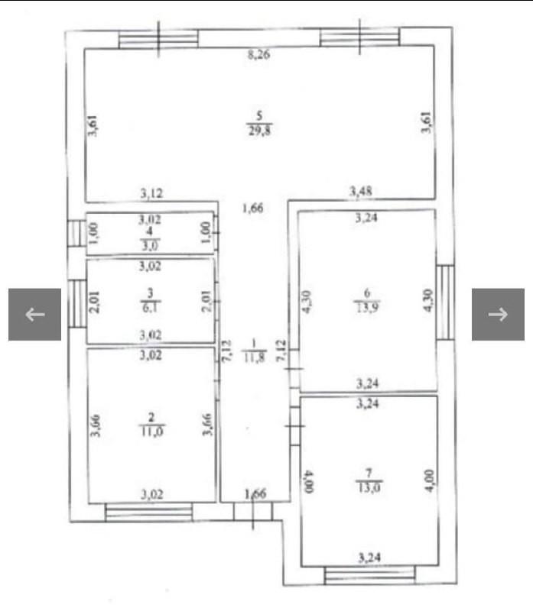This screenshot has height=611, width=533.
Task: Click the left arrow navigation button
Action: tap(34, 314)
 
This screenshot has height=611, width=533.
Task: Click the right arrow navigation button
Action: tap(498, 314)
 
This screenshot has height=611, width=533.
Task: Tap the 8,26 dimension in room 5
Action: tap(258, 54)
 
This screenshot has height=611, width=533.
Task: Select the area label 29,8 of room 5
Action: tap(260, 130)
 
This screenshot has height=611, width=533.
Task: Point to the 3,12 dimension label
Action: tap(151, 193)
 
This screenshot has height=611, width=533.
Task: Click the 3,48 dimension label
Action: tap(361, 191)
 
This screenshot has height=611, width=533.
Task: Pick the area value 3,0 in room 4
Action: tap(150, 246)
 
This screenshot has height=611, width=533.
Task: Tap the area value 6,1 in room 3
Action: tap(150, 308)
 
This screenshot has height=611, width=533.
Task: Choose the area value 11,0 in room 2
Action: tap(151, 432)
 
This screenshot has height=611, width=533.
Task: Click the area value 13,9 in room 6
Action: tap(366, 308)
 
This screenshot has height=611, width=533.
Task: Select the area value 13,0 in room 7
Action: tap(369, 487)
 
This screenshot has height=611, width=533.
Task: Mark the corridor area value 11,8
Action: tap(254, 357)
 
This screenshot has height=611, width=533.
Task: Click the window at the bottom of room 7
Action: tap(369, 575)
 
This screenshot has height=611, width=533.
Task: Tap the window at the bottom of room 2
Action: tap(148, 512)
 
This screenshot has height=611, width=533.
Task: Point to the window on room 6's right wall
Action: tap(445, 302)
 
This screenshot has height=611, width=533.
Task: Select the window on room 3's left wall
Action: tap(77, 303)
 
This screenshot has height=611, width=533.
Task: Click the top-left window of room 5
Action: tap(158, 39)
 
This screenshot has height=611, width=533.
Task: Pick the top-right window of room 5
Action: tap(359, 37)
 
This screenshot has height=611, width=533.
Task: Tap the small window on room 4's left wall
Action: tap(76, 234)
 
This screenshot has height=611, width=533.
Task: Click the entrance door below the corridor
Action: tap(253, 512)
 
